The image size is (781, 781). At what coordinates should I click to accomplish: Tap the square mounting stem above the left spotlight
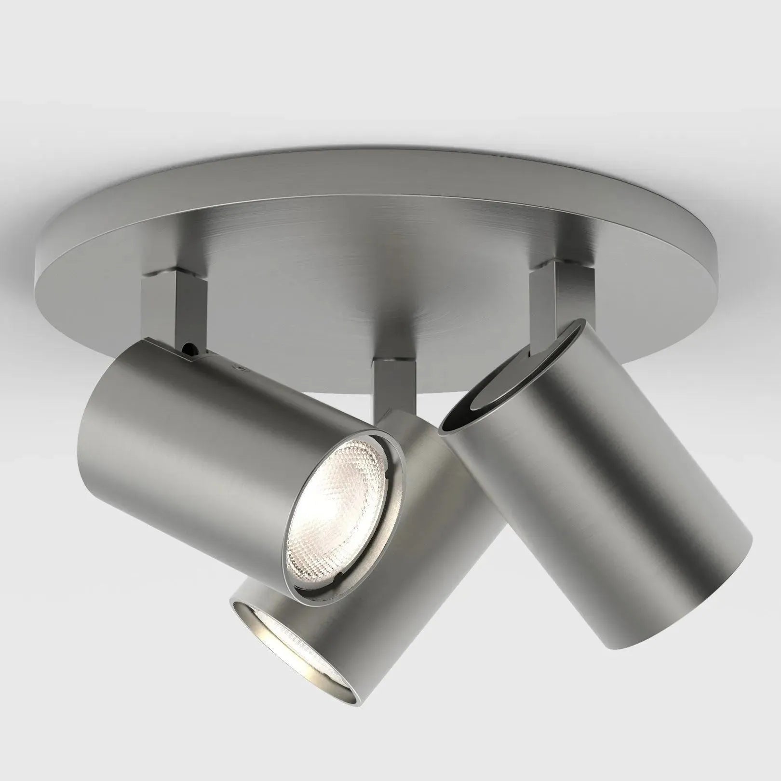tap(174, 309)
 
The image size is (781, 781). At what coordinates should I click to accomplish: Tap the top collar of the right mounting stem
tap(554, 266)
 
